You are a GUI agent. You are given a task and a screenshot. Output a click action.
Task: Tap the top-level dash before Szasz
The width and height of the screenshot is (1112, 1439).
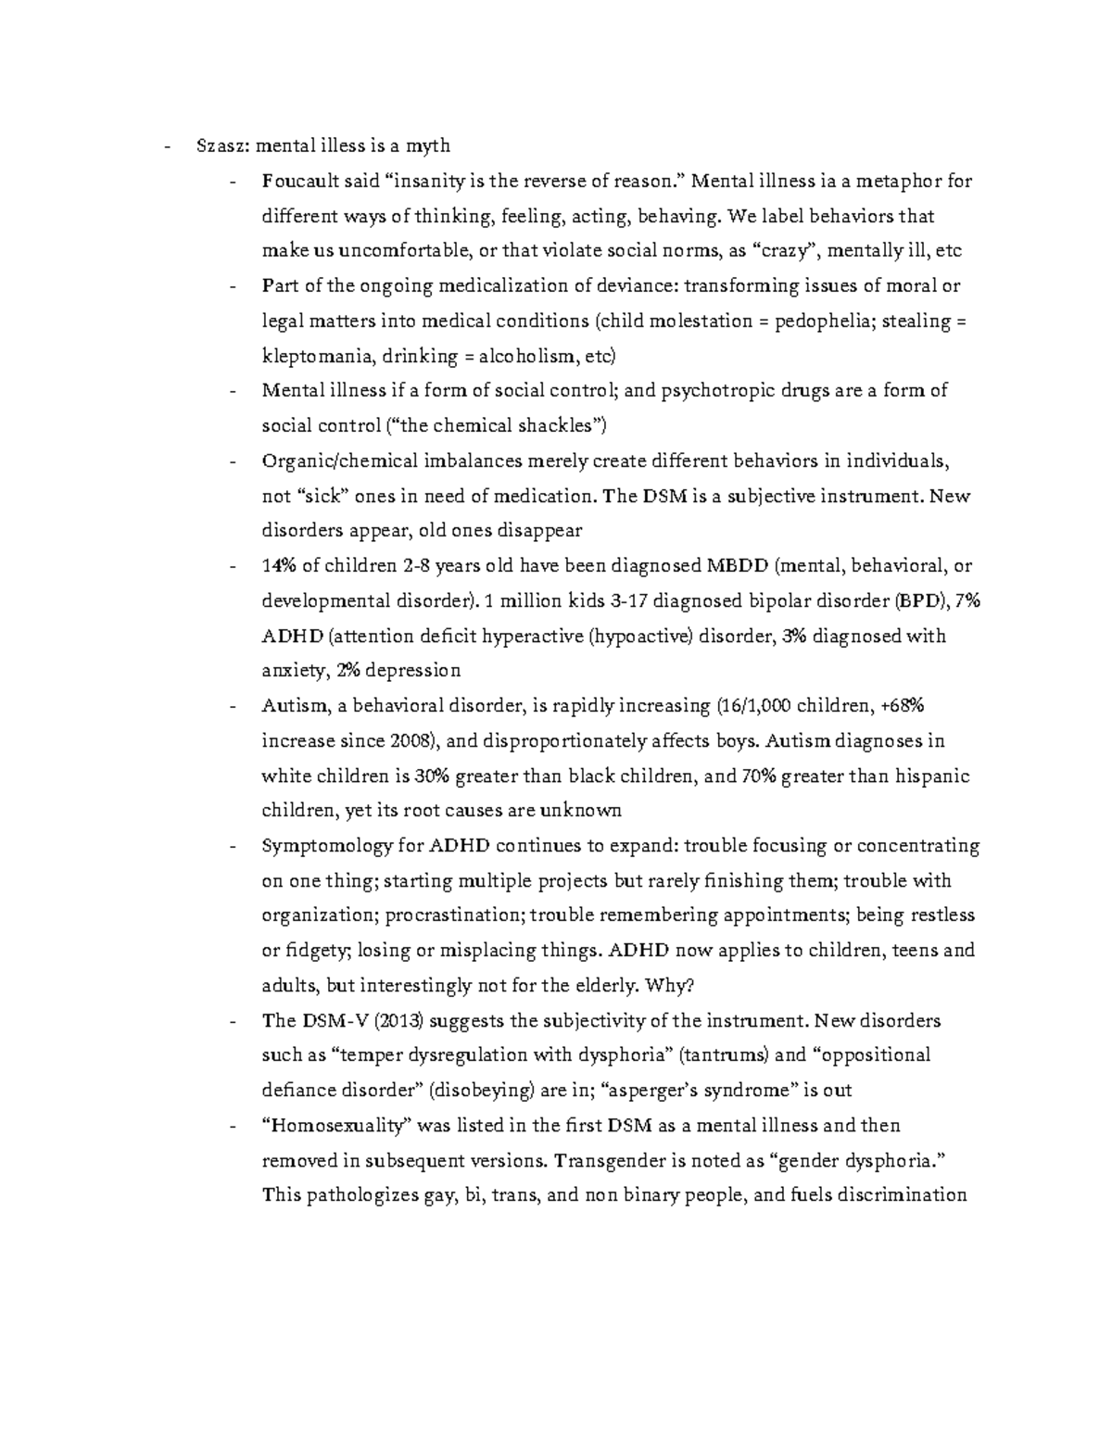166,145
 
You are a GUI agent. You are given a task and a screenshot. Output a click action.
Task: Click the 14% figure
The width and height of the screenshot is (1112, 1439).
279,565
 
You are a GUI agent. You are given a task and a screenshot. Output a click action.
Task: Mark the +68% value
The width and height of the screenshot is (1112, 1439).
903,706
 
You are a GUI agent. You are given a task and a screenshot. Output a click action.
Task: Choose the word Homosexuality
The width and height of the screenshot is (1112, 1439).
339,1126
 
